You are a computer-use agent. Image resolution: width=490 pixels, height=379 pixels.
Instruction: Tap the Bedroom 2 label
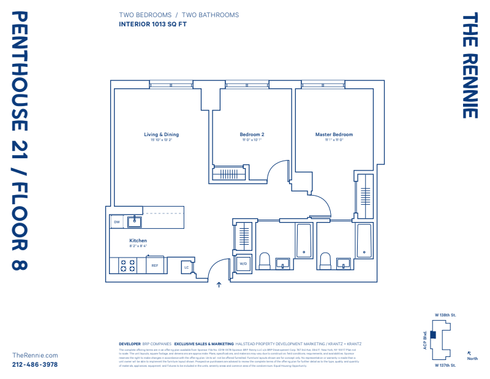[252, 134]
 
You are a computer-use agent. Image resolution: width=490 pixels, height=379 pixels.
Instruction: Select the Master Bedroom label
[334, 134]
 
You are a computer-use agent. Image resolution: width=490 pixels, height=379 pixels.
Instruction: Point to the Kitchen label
[138, 240]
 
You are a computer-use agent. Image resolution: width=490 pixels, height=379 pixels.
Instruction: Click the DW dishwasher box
[117, 222]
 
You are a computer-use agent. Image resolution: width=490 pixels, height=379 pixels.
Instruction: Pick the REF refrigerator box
[155, 266]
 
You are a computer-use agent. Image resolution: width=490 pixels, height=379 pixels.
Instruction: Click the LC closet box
[186, 267]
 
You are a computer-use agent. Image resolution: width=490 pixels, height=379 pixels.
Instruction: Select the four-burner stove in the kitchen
[127, 266]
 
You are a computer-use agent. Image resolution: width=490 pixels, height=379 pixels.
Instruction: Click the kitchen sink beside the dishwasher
[135, 221]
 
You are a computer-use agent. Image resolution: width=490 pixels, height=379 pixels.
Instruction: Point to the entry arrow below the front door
[219, 285]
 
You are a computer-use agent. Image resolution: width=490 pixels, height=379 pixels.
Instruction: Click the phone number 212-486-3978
[35, 364]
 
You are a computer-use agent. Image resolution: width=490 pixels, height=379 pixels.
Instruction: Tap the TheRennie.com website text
[35, 355]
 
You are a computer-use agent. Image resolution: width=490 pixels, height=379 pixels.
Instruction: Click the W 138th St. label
[446, 315]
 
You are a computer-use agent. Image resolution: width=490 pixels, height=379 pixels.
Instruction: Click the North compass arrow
[469, 353]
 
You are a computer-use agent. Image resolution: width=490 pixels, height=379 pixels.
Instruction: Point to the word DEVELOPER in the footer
[129, 344]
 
